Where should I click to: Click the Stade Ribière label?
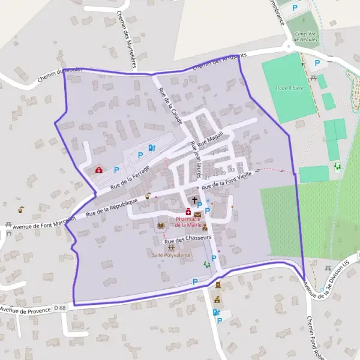[x=290, y=88]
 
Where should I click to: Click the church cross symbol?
[x=194, y=200]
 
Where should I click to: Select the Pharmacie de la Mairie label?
[x=188, y=221]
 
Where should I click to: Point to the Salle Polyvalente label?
[x=172, y=255]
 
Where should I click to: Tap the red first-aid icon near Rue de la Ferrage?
[x=98, y=170]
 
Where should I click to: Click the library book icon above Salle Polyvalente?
[x=160, y=226]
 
